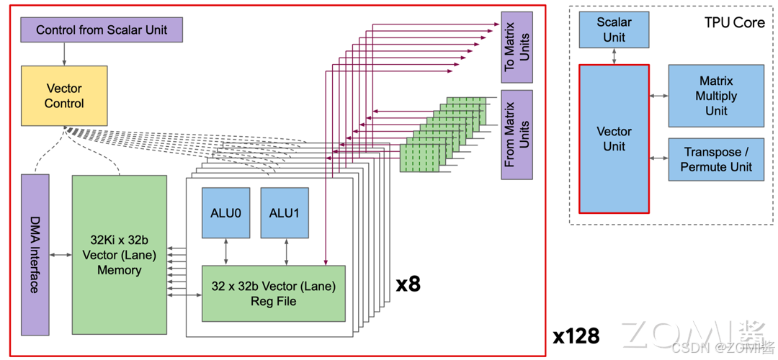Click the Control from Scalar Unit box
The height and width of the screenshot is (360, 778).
[101, 30]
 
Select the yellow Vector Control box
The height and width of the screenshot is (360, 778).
[64, 96]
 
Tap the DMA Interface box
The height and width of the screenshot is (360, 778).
[35, 255]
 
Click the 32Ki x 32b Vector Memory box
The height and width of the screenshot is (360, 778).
[119, 255]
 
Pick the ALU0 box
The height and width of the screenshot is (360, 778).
[225, 212]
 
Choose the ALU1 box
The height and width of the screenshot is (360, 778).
[285, 212]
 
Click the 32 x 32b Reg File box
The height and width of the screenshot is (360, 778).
[273, 293]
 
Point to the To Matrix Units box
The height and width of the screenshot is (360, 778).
[517, 45]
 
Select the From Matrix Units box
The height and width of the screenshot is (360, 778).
[517, 134]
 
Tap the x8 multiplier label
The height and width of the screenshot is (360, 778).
[408, 284]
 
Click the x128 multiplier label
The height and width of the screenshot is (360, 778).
[576, 336]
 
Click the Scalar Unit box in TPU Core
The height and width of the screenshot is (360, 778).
[614, 30]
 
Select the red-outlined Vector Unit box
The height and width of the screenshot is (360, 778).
[614, 139]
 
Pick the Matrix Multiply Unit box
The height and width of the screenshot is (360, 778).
[715, 96]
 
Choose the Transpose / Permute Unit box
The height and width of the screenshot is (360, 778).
[715, 159]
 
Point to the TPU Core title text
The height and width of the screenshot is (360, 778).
[734, 22]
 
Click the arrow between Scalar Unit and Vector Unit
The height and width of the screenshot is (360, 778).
[614, 56]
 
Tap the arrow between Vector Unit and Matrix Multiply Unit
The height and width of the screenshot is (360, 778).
[658, 96]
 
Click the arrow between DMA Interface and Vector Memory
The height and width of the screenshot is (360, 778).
[61, 255]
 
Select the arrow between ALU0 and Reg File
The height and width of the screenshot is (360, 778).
[226, 251]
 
